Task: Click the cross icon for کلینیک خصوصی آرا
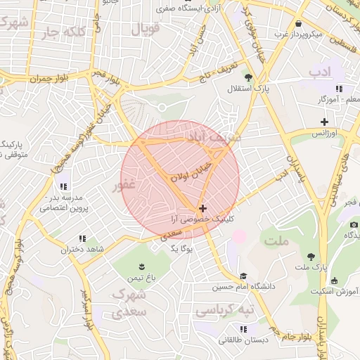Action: [203, 208]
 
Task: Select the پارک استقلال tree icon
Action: [247, 77]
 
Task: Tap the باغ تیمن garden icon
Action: [142, 266]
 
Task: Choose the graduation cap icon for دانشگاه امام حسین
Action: [243, 276]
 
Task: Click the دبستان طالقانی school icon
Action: [243, 328]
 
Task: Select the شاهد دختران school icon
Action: [82, 239]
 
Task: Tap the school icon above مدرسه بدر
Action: [63, 186]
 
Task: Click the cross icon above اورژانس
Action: [324, 122]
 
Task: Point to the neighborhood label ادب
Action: [319, 72]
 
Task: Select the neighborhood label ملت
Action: [276, 241]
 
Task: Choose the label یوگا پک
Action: [181, 248]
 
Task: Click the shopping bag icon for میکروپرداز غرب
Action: [298, 23]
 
